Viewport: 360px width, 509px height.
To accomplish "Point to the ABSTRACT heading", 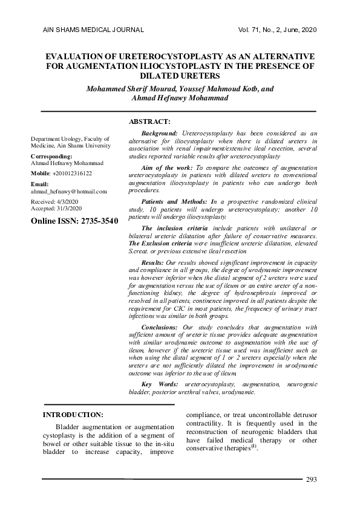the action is click(x=150, y=122).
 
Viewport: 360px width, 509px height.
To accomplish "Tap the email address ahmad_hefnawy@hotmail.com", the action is click(x=69, y=191).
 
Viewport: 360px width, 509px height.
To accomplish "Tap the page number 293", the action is click(x=312, y=479).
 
